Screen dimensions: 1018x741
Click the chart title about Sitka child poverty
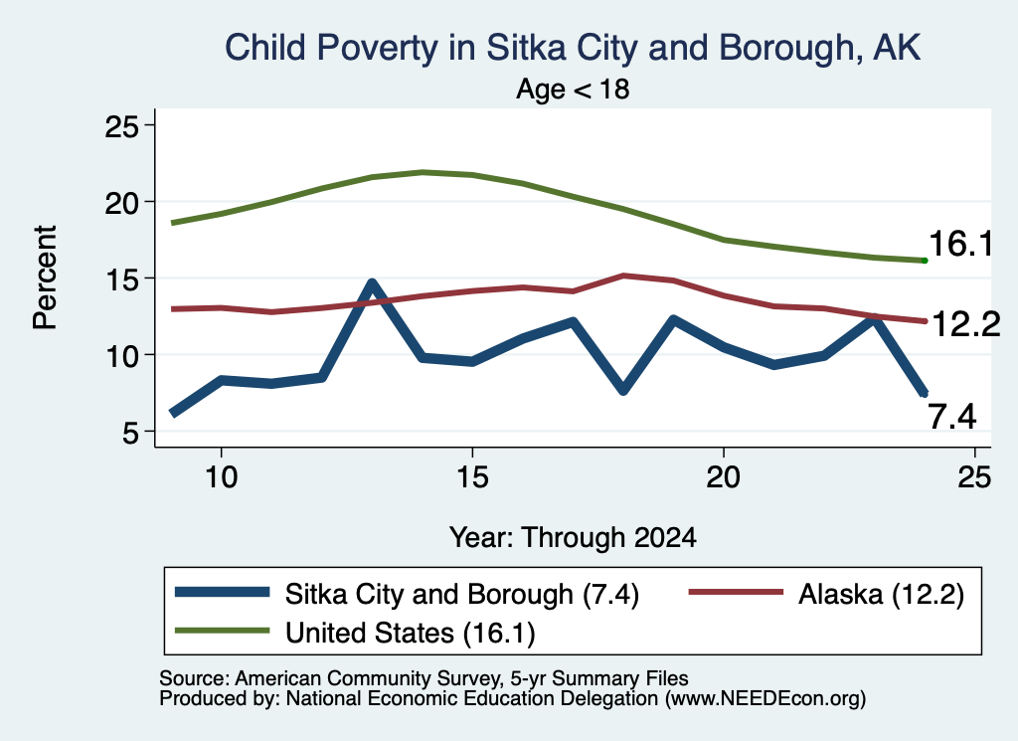[x=573, y=48]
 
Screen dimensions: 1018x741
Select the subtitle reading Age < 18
[x=573, y=89]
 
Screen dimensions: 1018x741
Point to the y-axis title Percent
[x=45, y=278]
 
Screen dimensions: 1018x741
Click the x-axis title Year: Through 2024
[x=573, y=538]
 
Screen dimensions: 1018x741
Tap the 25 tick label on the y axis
[x=122, y=125]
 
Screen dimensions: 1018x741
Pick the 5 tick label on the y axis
[x=130, y=432]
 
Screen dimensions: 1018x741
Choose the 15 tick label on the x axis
[x=472, y=477]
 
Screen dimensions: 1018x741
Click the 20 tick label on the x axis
[x=724, y=477]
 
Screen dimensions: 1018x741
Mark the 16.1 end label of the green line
[x=961, y=245]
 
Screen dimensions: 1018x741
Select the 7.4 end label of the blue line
[x=952, y=417]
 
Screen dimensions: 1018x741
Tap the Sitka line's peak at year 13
[x=372, y=282]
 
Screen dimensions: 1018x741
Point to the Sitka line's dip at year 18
[x=623, y=390]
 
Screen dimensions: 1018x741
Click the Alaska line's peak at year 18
[x=623, y=276]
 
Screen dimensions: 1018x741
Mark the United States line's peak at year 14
[x=423, y=172]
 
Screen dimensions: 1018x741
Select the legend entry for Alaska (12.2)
[x=826, y=594]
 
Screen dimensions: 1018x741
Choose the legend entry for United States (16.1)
[x=356, y=633]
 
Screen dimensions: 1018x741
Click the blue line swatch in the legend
[x=222, y=592]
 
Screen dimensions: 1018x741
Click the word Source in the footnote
[x=192, y=678]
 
